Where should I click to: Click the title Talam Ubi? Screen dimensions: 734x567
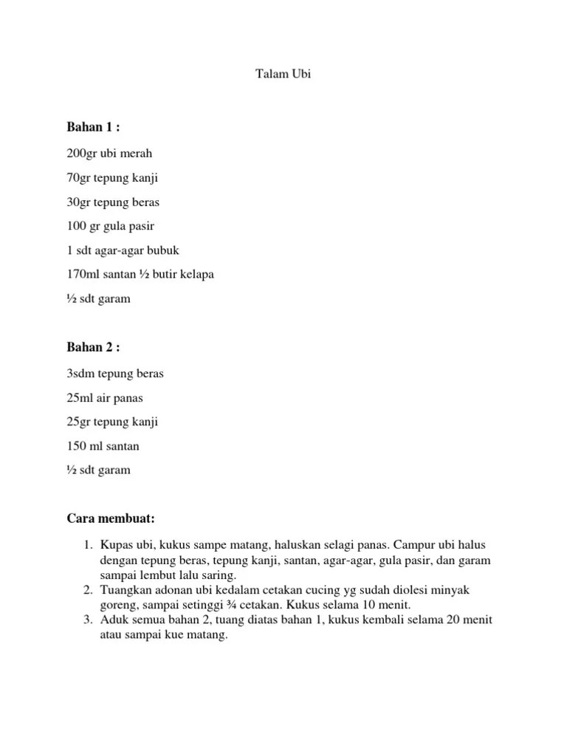pos(283,75)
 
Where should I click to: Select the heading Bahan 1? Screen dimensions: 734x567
pos(93,127)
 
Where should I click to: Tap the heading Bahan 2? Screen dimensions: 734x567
pos(93,347)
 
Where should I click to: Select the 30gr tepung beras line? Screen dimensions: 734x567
pos(113,202)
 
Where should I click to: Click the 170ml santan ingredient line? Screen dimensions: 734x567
pos(140,275)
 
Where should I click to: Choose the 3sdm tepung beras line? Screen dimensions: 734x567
pos(115,374)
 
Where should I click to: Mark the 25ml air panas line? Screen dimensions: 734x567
pos(105,398)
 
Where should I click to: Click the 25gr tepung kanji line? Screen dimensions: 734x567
pos(112,422)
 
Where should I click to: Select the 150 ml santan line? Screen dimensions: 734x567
pos(103,446)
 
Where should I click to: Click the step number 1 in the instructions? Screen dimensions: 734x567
pos(86,545)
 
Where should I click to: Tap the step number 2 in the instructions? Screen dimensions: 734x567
pos(86,591)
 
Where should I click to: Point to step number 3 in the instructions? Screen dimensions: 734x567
pos(86,619)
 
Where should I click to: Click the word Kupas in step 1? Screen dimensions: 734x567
pos(115,545)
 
